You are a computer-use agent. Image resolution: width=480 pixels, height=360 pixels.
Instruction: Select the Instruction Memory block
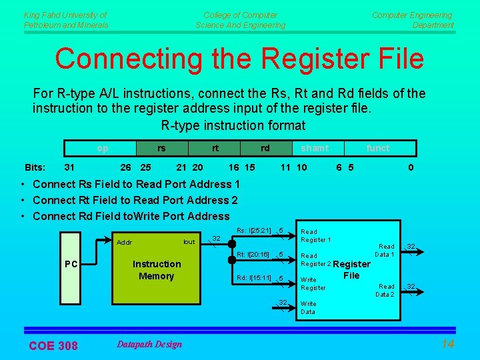point(156,270)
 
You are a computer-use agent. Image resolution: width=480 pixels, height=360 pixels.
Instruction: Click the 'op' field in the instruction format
point(101,148)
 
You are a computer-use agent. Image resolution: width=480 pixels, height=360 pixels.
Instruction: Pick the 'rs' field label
point(161,148)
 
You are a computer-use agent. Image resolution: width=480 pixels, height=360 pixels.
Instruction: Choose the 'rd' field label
point(265,148)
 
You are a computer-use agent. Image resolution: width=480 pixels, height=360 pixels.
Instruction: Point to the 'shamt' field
point(314,148)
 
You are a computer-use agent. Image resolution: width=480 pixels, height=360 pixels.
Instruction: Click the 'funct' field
point(377,148)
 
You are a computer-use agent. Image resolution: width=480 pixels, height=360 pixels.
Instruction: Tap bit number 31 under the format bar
point(69,167)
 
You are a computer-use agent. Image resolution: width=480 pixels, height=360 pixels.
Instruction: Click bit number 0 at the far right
point(411,167)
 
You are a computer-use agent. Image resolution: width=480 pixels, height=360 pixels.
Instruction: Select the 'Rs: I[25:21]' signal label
point(253,231)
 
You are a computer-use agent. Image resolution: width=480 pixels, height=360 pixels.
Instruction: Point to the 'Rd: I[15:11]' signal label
point(253,277)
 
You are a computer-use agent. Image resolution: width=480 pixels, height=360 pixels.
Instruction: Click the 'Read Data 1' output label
point(384,250)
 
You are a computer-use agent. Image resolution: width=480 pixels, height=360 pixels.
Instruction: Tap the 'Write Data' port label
point(309,307)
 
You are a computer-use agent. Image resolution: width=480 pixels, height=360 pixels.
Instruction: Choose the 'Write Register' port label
point(313,283)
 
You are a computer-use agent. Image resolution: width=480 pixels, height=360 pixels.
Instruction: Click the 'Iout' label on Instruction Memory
point(189,242)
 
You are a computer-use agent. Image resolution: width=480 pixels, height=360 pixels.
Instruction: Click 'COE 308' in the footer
point(53,345)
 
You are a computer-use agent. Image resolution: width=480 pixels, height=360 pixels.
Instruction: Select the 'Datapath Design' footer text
point(149,344)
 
